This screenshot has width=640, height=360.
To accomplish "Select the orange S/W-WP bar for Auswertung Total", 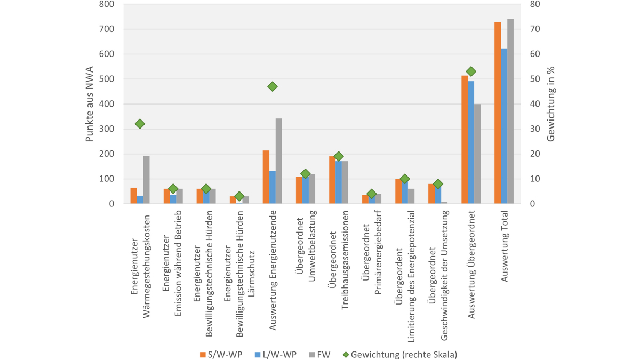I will point(498,113).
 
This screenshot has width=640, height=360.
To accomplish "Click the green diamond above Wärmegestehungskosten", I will point(140,124).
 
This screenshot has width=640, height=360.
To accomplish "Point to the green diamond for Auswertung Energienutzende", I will point(273,86).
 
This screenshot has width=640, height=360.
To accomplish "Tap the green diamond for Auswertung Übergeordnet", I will point(471,71).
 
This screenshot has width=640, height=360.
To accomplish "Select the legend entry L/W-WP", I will point(279,354).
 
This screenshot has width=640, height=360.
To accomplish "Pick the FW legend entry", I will point(319,354).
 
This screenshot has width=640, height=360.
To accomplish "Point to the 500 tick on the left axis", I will point(107,79).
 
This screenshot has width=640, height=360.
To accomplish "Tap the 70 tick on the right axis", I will point(535,29).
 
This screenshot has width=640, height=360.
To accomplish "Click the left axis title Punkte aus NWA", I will point(90,104).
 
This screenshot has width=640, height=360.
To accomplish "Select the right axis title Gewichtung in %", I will point(551,104).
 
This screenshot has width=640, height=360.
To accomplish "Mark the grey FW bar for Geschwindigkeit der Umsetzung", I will point(444,202).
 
